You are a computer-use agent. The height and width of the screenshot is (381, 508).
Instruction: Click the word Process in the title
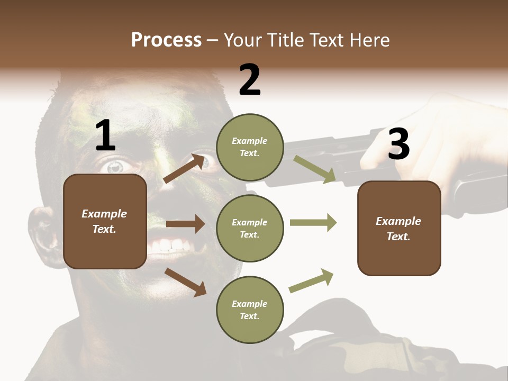click(166, 40)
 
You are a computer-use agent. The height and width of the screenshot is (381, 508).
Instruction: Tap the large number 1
click(105, 137)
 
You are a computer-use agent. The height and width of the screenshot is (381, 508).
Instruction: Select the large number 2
click(250, 80)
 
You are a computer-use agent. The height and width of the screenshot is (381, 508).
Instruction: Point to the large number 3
click(399, 144)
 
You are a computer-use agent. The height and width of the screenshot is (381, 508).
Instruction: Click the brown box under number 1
click(105, 221)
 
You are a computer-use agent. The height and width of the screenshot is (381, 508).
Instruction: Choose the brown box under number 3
click(399, 229)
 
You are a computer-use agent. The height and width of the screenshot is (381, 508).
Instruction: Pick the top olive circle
click(250, 147)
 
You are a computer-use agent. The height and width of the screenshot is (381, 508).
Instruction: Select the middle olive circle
click(250, 229)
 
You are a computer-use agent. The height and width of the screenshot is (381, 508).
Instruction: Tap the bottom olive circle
click(250, 310)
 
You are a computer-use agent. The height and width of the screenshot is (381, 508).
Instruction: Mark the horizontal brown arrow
click(185, 224)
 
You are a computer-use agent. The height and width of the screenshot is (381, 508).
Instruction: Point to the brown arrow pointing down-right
click(185, 282)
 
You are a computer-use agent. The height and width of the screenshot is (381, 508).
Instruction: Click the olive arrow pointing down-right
click(315, 169)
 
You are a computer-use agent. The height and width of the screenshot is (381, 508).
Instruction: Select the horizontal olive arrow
click(313, 222)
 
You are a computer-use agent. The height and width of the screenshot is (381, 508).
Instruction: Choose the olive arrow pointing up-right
click(311, 280)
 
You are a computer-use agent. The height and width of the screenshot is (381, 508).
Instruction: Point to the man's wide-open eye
click(115, 167)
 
